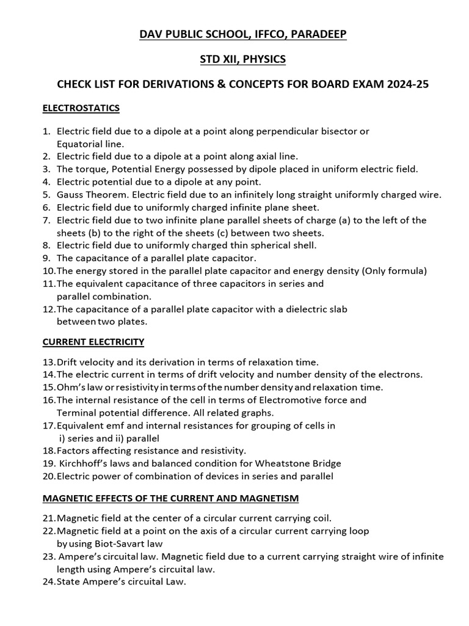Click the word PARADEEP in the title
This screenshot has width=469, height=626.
tap(318, 35)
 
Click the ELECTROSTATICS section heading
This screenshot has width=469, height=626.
tap(81, 108)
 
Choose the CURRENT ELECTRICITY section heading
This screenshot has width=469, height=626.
tap(93, 341)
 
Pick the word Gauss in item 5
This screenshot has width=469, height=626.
tap(70, 194)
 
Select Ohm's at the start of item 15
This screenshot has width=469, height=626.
tap(70, 387)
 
